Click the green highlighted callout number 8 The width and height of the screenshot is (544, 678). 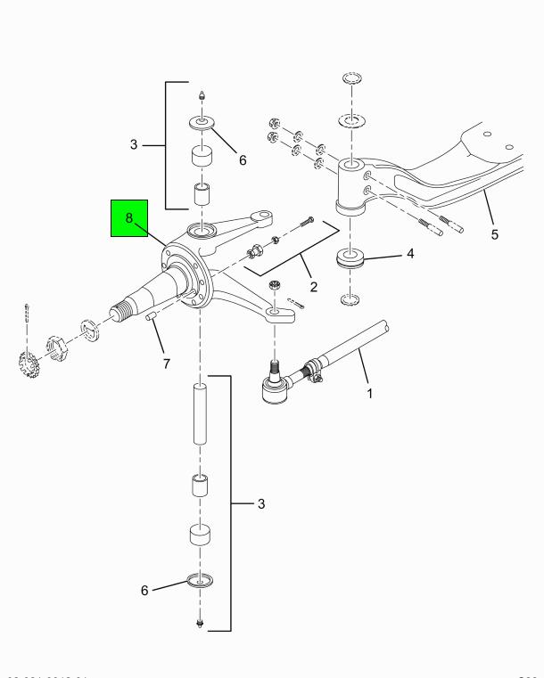[128, 217]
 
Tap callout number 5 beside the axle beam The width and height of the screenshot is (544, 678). [494, 236]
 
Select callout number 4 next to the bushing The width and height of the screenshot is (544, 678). [410, 253]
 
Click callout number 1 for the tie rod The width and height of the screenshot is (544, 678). [370, 392]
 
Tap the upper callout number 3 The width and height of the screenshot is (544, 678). [133, 144]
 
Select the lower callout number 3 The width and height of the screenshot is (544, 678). [261, 504]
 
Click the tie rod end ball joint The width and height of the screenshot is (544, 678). [272, 388]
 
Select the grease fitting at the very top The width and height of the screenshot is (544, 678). [202, 94]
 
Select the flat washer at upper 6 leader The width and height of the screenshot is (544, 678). [202, 121]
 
